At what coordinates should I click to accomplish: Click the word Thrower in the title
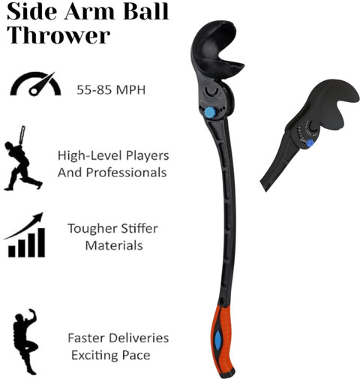pyautogui.click(x=58, y=35)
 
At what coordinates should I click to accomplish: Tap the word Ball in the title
pyautogui.click(x=145, y=11)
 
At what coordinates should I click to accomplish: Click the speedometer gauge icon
pyautogui.click(x=35, y=84)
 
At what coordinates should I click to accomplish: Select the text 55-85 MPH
pyautogui.click(x=111, y=89)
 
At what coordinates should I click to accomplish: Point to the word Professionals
pyautogui.click(x=126, y=173)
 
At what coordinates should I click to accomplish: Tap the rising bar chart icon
pyautogui.click(x=25, y=235)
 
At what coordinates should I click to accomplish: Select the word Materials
pyautogui.click(x=114, y=245)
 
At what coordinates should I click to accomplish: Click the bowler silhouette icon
pyautogui.click(x=25, y=341)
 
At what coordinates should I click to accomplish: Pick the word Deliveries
pyautogui.click(x=139, y=338)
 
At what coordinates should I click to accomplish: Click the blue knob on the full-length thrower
pyautogui.click(x=210, y=113)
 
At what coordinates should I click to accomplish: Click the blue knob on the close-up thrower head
pyautogui.click(x=310, y=143)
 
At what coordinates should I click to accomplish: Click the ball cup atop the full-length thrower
pyautogui.click(x=215, y=51)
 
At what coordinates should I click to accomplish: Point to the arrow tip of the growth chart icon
pyautogui.click(x=43, y=213)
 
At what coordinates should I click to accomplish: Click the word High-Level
pyautogui.click(x=90, y=155)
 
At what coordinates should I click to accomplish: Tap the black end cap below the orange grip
pyautogui.click(x=227, y=373)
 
